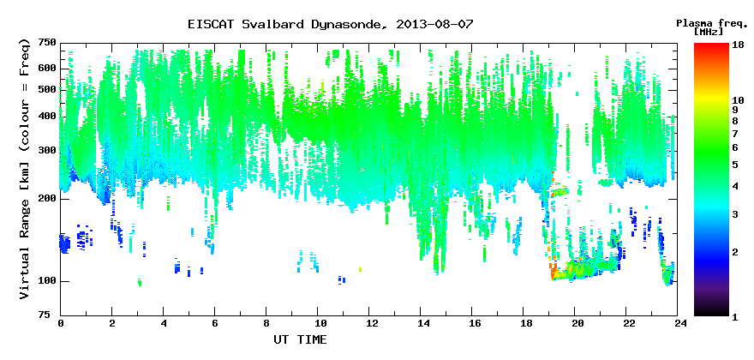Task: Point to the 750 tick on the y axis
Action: [x=48, y=44]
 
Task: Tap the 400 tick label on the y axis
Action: [x=48, y=116]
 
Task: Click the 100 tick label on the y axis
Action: [x=48, y=281]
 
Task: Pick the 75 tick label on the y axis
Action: [x=51, y=315]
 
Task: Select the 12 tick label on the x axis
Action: [x=368, y=324]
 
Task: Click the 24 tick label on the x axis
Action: [x=677, y=324]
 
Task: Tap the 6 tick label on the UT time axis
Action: [x=214, y=324]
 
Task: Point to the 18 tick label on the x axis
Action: [x=523, y=324]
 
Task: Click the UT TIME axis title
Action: [x=300, y=339]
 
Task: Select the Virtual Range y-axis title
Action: [x=25, y=170]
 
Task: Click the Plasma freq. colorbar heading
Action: [x=710, y=23]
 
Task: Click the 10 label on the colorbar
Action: [x=738, y=100]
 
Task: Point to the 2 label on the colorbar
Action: [x=735, y=252]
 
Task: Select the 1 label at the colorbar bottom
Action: [x=735, y=316]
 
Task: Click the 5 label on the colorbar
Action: [x=735, y=165]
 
